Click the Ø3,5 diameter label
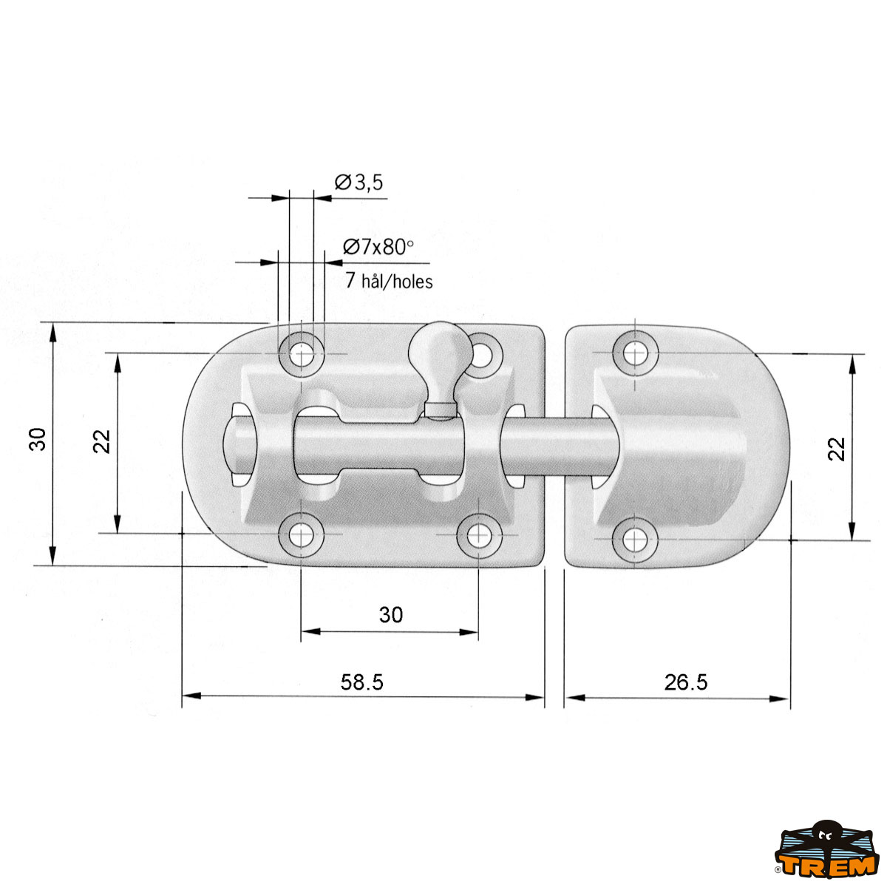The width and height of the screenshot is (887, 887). tap(358, 183)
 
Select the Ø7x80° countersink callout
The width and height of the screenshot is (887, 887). tap(378, 247)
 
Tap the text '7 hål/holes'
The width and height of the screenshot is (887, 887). tap(389, 280)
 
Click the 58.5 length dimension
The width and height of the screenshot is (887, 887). tap(361, 682)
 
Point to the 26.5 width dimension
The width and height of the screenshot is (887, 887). tap(685, 682)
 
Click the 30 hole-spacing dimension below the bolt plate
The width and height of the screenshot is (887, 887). tap(391, 614)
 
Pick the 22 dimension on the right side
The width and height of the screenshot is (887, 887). tap(836, 449)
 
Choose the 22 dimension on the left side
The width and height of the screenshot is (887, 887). tap(102, 441)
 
